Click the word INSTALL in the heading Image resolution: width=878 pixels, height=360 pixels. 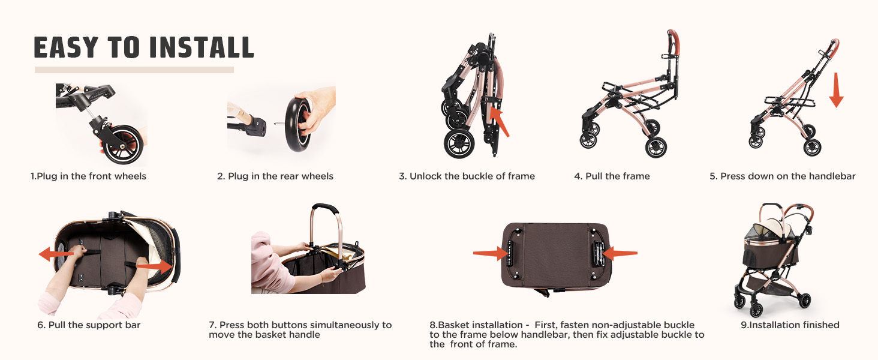tap(202, 47)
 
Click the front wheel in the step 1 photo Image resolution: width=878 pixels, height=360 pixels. tap(124, 145)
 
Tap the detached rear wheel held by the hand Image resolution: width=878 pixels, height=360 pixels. tap(298, 125)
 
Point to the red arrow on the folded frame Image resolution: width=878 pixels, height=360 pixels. tap(500, 122)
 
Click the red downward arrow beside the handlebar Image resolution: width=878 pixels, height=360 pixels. tap(836, 90)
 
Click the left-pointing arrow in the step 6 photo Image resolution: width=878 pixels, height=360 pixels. tap(56, 254)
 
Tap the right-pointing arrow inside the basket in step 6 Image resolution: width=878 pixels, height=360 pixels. tap(154, 266)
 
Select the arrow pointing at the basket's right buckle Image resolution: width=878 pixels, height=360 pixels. tap(620, 253)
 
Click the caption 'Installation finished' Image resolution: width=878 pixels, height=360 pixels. tap(790, 325)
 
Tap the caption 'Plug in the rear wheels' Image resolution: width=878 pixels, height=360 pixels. tap(275, 176)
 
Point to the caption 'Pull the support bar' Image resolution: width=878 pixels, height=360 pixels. tap(89, 325)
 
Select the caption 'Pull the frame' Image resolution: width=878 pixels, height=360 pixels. tap(612, 176)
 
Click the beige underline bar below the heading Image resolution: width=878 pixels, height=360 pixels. tap(134, 70)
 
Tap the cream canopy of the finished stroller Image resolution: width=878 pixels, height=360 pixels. tap(774, 227)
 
